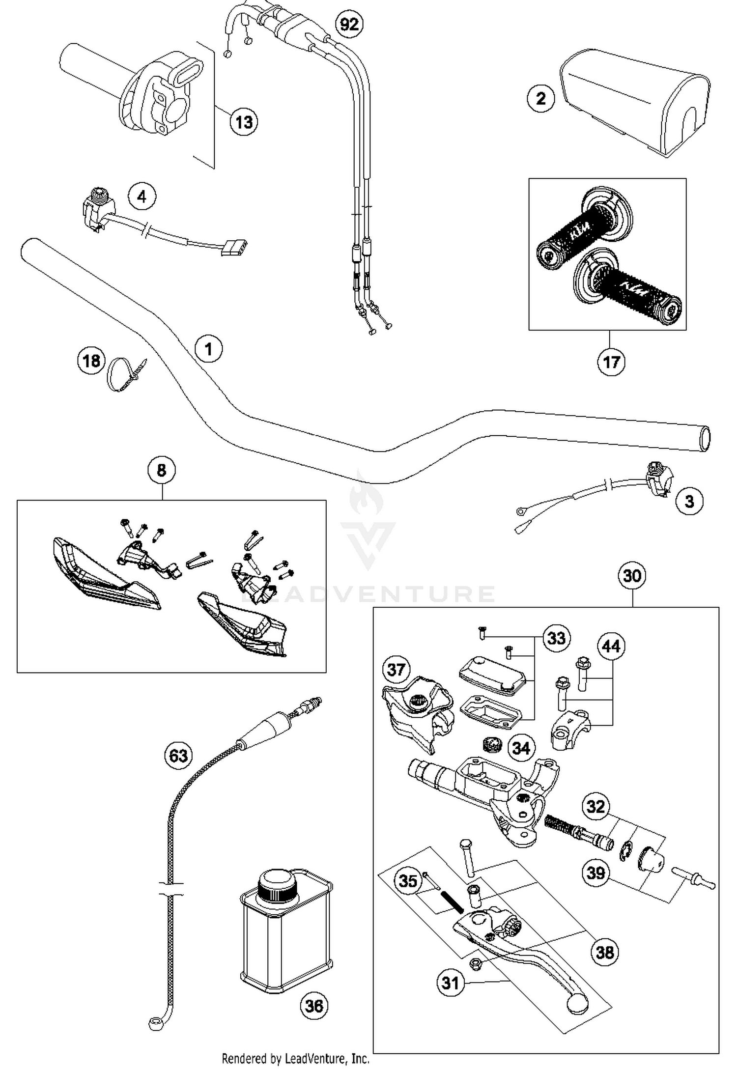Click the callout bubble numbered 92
(349, 24)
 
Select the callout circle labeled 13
(244, 121)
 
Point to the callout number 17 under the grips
(611, 362)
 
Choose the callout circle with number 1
(209, 349)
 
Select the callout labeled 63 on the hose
(178, 755)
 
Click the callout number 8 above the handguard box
(162, 471)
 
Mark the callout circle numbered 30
(632, 575)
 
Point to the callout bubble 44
(611, 646)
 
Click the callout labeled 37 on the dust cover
(396, 669)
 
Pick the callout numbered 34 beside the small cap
(521, 748)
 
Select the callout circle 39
(596, 873)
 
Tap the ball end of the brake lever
(577, 1002)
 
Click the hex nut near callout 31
(475, 964)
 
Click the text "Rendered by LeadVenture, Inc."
(295, 1058)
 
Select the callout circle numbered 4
(142, 197)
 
